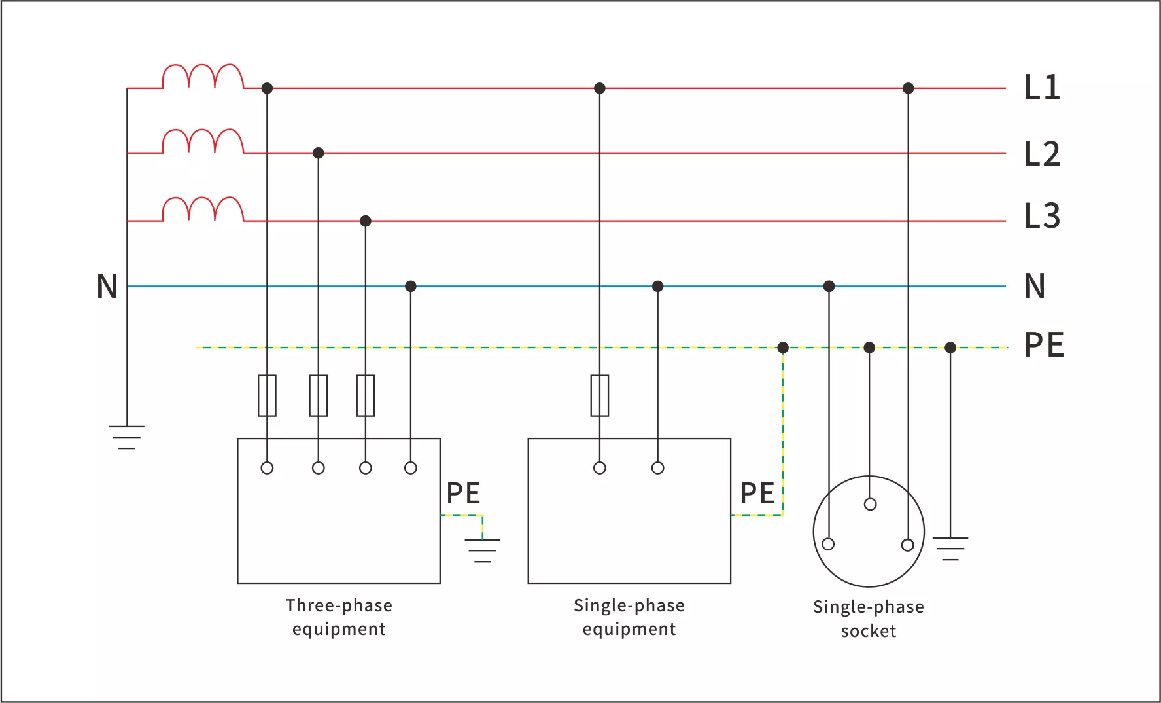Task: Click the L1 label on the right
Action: point(1041,87)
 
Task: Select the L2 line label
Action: point(1041,154)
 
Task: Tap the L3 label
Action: point(1041,216)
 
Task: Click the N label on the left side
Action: point(107,287)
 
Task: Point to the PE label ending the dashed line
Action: point(1043,345)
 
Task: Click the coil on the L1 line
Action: point(203,77)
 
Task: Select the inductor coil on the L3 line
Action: point(203,209)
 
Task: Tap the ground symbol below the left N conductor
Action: point(127,437)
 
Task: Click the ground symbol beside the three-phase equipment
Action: point(483,550)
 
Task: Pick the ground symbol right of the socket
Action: point(950,548)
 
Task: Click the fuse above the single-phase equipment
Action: point(600,395)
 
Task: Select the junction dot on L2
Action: point(319,153)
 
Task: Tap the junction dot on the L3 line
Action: point(366,221)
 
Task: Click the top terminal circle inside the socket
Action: point(870,504)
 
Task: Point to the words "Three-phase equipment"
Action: point(339,617)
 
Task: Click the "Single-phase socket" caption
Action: point(869,619)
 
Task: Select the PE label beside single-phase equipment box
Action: point(757,494)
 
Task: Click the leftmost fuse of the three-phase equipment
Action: point(267,395)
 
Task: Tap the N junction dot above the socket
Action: point(829,286)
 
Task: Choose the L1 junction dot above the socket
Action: point(908,88)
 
